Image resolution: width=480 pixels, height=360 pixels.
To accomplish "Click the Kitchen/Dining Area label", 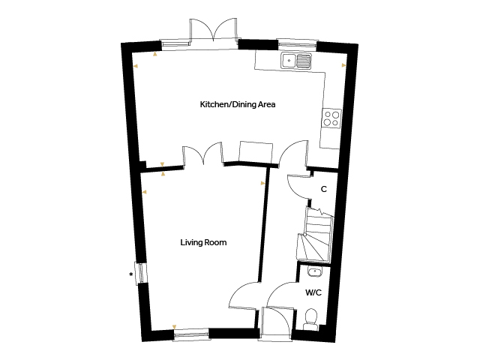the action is point(238,104).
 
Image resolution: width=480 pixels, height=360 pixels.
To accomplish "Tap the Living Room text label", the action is point(203,242).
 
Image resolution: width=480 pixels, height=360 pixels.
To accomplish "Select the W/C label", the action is point(313,292).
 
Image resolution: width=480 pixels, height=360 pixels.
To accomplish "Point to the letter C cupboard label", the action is point(324,189).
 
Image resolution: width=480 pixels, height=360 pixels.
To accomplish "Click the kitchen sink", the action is point(296,60).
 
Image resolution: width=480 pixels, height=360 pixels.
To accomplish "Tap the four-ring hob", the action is point(331,118).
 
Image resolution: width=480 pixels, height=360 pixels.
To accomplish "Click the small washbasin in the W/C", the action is point(314,271).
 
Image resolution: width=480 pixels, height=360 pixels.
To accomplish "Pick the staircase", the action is point(315,234).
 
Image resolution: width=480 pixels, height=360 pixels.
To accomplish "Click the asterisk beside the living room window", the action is point(131,274).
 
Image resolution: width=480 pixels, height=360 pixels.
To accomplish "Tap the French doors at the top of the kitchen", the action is point(214,30).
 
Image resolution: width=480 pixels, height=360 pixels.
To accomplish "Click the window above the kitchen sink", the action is point(296,43).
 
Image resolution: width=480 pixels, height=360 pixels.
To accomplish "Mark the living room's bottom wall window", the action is point(191,334).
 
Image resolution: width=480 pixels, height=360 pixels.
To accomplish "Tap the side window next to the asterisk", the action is point(141,273).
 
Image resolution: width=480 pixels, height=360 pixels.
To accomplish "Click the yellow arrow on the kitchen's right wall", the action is point(344,65).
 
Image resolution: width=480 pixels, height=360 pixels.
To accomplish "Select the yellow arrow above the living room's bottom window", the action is point(174,327).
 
